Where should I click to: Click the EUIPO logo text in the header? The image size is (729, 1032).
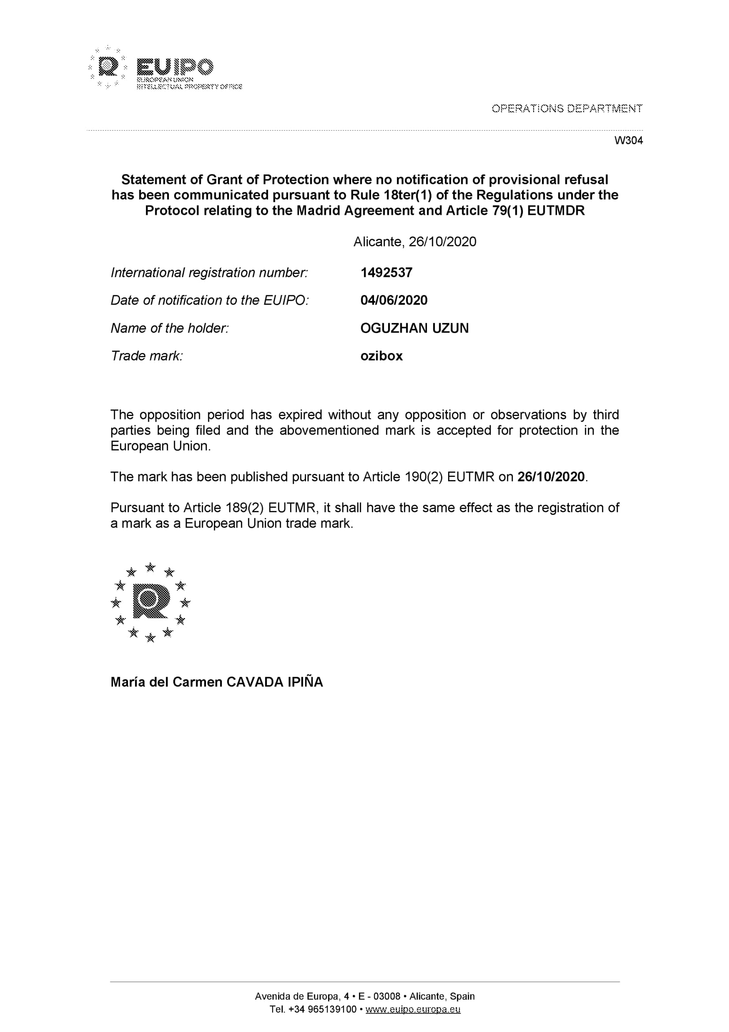pos(175,68)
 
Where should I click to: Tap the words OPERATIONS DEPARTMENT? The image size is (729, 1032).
pos(567,109)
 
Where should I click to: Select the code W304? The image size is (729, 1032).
pos(628,141)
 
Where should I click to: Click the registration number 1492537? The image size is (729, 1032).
pos(386,272)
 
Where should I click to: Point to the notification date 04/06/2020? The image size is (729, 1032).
pos(394,300)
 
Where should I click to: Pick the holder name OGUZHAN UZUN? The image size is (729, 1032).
pos(414,328)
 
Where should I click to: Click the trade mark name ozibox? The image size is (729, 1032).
pos(381,356)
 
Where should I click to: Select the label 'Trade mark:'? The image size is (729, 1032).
pos(146,356)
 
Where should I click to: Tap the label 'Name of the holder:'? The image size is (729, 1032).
pos(170,328)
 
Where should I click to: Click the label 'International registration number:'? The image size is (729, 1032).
pos(209,272)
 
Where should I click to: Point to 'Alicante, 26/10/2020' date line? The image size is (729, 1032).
pos(415,242)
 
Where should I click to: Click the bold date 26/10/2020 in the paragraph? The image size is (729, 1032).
pos(551,477)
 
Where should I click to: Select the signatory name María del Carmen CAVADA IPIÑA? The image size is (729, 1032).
pos(217,682)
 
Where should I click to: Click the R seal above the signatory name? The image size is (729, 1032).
pos(151,602)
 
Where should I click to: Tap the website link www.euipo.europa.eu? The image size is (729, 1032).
pos(413,1009)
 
